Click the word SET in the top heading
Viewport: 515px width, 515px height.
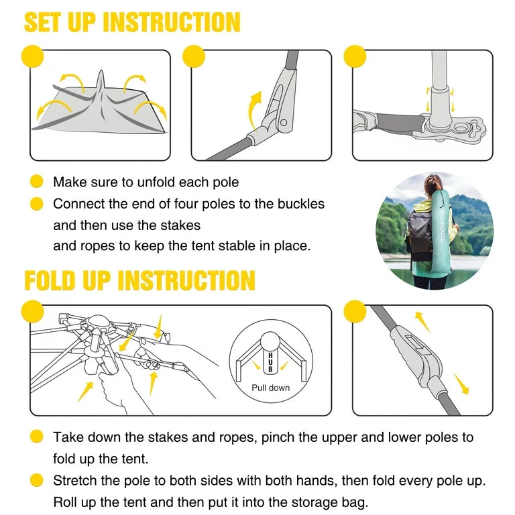43,22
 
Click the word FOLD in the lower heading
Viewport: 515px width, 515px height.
50,280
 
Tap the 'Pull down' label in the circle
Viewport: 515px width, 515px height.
271,388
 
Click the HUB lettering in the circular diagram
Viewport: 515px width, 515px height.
271,362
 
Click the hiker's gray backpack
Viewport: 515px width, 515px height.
419,233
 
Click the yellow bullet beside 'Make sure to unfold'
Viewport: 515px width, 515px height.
36,181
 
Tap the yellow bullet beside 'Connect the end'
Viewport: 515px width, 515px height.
36,204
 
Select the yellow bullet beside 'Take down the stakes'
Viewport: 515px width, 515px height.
36,437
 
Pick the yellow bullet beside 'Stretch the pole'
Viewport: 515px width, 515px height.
36,480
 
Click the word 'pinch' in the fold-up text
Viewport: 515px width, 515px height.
274,437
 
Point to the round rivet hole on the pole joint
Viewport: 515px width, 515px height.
284,123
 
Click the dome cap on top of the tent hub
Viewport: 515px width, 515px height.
98,321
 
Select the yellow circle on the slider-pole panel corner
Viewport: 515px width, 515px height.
355,311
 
